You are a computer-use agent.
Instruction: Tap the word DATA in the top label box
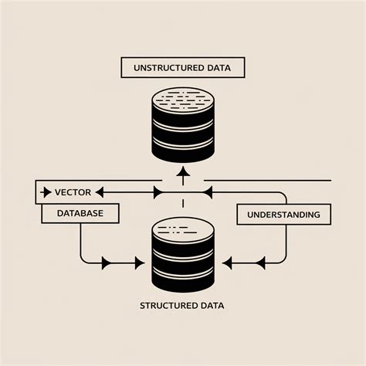click(219, 68)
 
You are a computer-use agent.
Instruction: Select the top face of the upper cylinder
click(183, 98)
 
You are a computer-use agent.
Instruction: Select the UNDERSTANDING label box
click(283, 213)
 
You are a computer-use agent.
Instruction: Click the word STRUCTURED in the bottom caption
click(169, 305)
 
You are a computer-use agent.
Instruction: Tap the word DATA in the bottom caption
click(211, 305)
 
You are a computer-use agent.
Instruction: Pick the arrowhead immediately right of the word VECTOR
click(106, 191)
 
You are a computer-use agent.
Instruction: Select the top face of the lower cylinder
click(183, 229)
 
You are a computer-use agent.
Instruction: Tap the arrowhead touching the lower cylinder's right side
click(228, 263)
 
